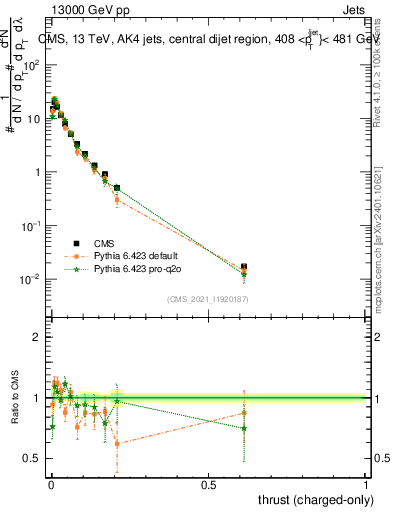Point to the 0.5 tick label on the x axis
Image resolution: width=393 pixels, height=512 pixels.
(208, 484)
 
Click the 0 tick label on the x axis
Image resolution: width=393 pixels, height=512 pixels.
(50, 484)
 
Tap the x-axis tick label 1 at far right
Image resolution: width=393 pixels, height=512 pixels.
(366, 484)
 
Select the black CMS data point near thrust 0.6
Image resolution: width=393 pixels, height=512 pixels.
(244, 267)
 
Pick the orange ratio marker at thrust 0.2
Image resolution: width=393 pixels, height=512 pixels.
(117, 443)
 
